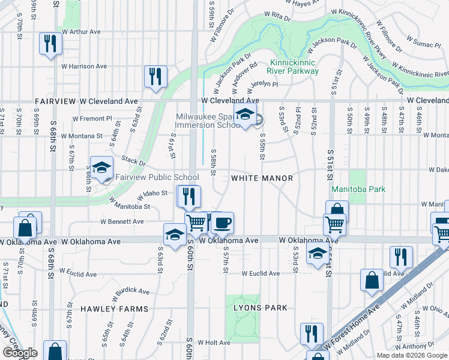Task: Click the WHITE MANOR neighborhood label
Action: tap(262, 178)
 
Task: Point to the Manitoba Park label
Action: tap(358, 189)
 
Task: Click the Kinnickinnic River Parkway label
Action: tap(294, 67)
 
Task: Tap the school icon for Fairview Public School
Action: tap(101, 168)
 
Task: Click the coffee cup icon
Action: tap(222, 223)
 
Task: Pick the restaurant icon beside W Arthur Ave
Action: tap(49, 43)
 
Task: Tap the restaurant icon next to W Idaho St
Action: tap(188, 196)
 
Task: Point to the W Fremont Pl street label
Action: tap(92, 119)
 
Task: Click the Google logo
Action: tap(19, 353)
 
